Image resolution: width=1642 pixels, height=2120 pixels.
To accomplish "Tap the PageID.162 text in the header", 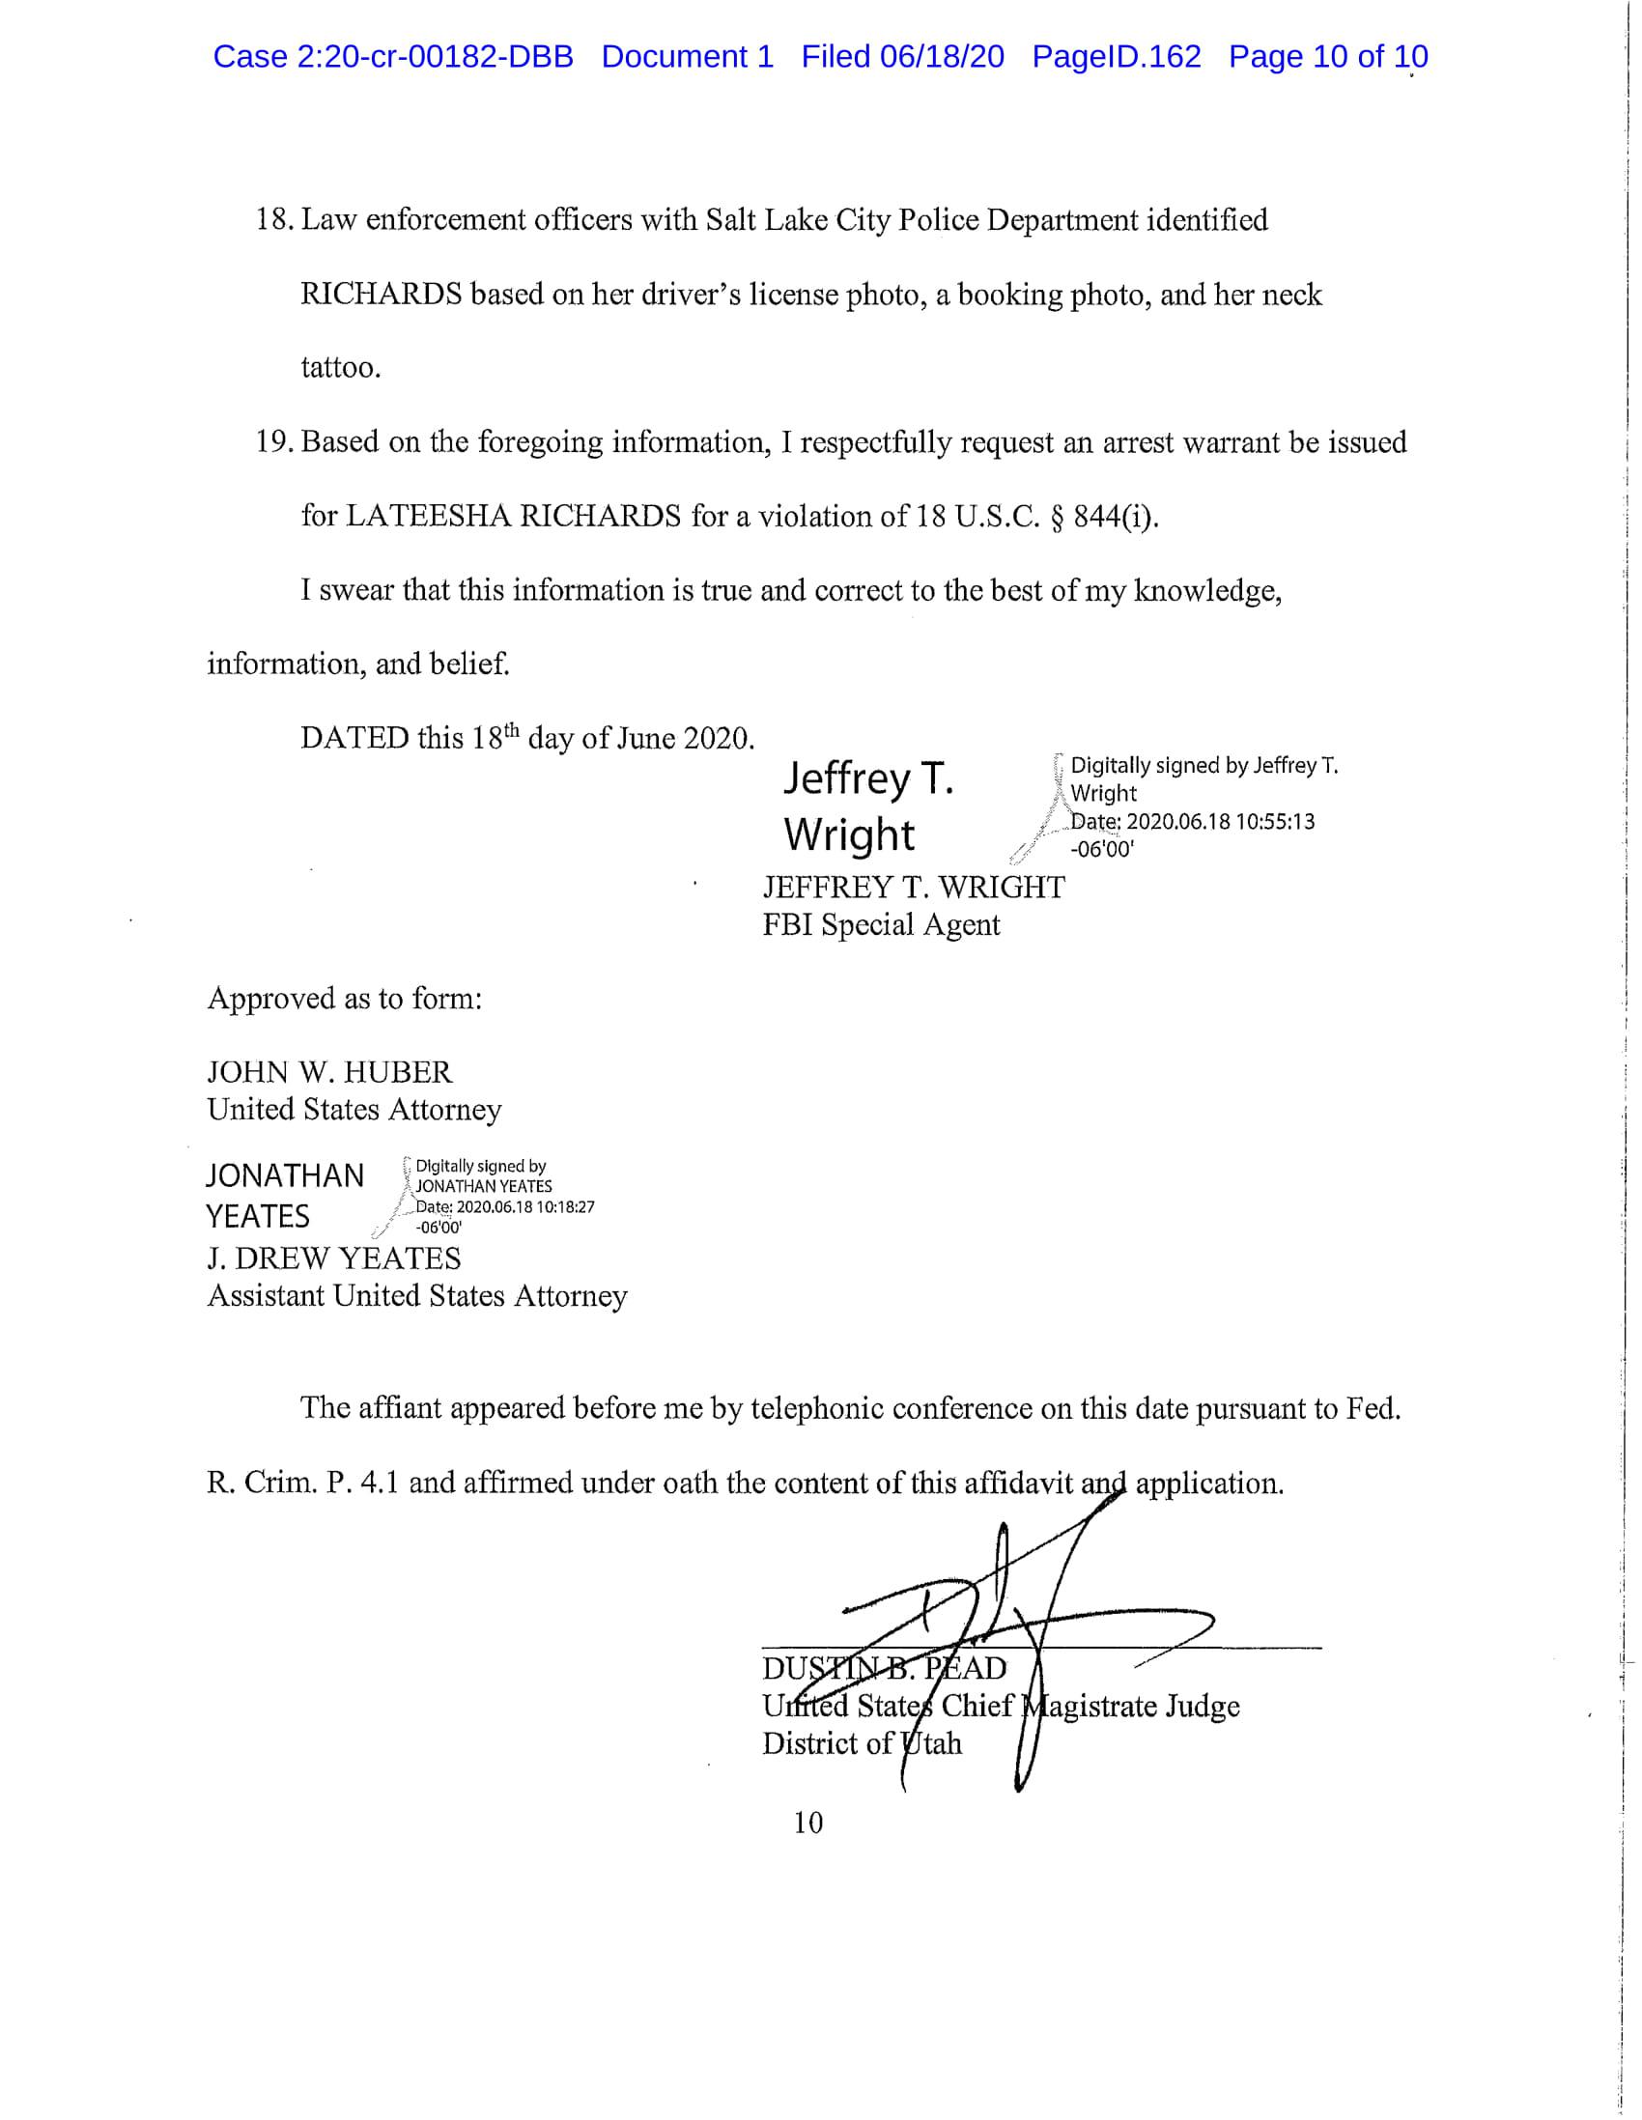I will pos(1116,57).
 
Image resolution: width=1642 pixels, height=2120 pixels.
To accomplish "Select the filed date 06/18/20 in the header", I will pos(942,57).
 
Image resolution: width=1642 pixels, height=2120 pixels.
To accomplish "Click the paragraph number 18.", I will pos(274,220).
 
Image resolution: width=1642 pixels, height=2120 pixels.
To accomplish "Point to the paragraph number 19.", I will pos(274,442).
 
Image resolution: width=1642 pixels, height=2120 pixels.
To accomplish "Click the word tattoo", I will pos(340,368).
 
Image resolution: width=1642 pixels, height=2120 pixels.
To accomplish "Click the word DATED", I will pos(354,739).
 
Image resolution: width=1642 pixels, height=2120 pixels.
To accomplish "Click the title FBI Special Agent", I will pos(881,925).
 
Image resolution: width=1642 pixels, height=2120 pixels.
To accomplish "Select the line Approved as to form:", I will pos(345,999).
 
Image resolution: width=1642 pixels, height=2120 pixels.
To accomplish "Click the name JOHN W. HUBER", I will pos(329,1073).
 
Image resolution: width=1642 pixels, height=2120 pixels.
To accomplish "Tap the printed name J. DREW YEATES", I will pos(334,1259).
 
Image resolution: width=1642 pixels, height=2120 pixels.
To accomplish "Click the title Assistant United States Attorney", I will pos(417,1296).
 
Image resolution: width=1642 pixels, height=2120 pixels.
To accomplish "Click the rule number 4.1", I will pos(379,1484).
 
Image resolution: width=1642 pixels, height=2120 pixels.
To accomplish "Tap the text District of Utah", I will pos(862,1743).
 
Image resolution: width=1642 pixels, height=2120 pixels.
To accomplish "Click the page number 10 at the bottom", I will pos(807,1823).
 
